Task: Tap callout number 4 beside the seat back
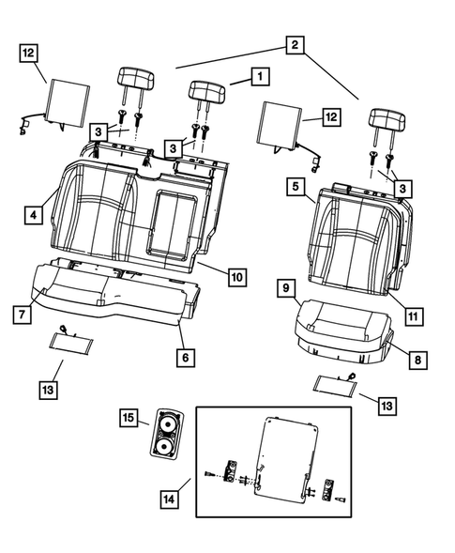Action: (33, 215)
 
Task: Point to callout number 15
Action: (129, 416)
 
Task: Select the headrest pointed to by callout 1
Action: (207, 91)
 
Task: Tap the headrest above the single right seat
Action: (387, 121)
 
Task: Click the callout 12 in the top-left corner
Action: (29, 54)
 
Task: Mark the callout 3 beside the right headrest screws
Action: (403, 190)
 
